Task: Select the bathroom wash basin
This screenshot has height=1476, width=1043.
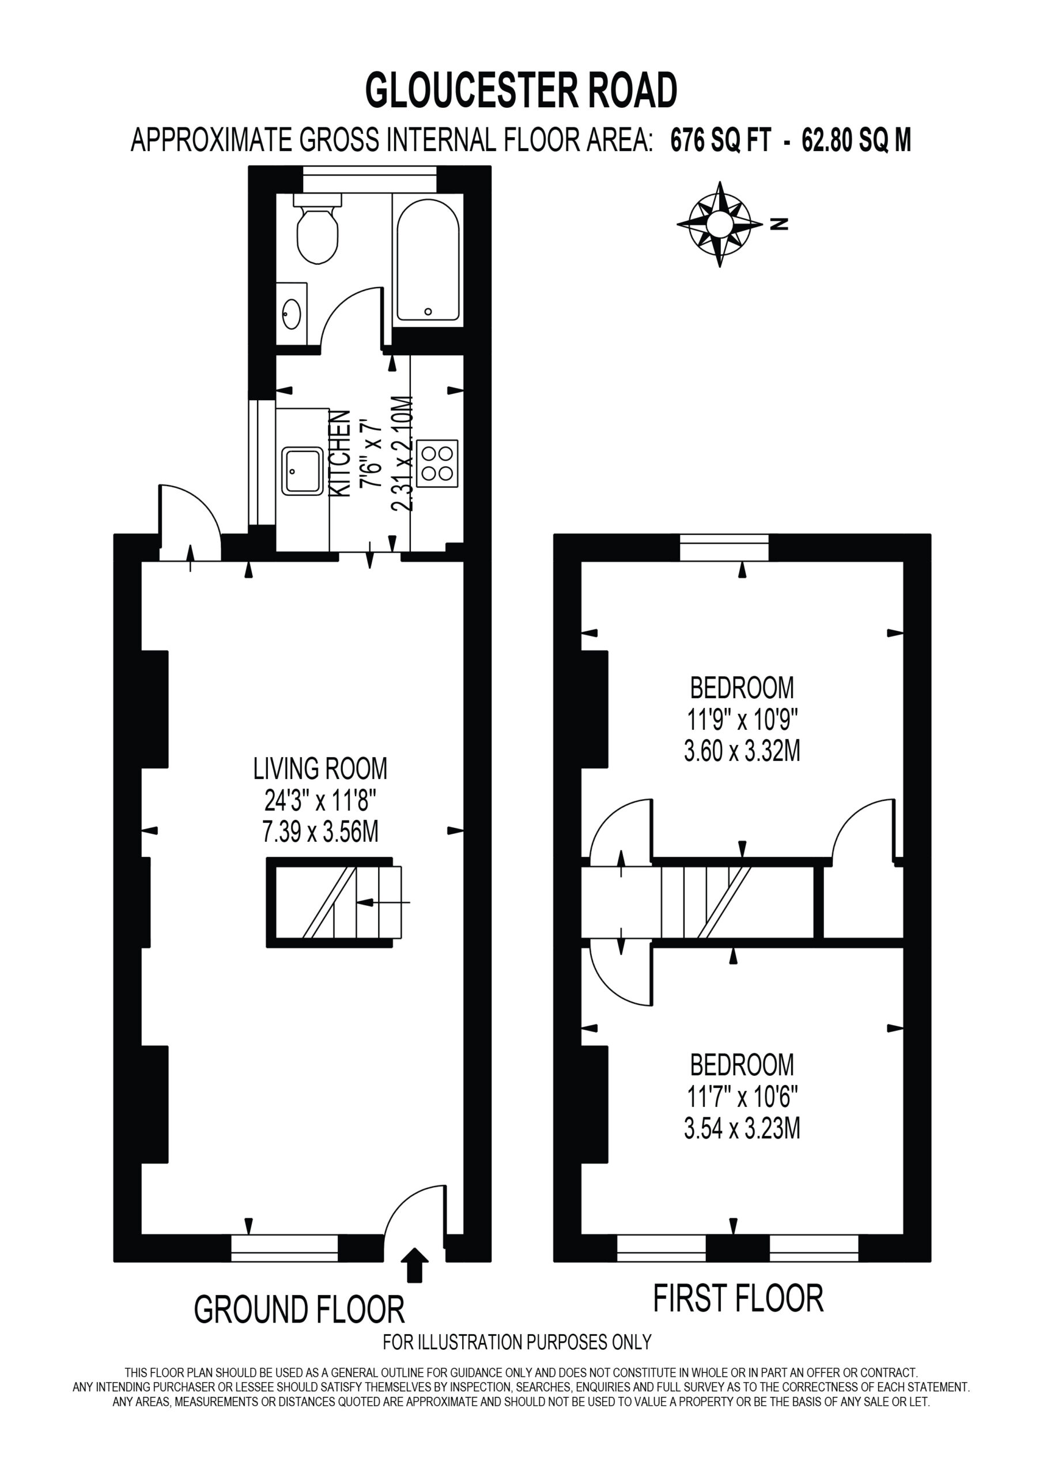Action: (292, 314)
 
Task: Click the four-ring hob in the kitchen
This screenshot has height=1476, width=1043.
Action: (437, 463)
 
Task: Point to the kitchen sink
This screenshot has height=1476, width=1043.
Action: (302, 470)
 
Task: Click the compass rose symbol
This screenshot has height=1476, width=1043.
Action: (720, 224)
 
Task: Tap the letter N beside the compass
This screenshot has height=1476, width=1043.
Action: (780, 224)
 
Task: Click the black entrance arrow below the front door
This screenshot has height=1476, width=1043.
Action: (415, 1265)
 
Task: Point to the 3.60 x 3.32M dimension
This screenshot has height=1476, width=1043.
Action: (742, 751)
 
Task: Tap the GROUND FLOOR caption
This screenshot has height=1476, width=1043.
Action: (300, 1309)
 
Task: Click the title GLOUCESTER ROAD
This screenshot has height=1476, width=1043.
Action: (521, 89)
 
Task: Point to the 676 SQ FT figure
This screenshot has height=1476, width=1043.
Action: (720, 140)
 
